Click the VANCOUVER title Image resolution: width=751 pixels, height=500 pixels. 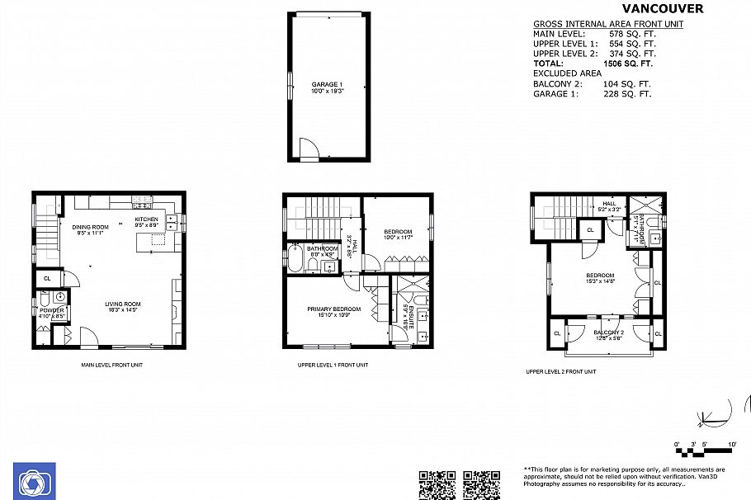click(657, 9)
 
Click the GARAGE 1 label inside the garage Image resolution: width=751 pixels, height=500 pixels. click(327, 85)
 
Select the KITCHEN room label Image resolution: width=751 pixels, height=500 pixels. click(147, 219)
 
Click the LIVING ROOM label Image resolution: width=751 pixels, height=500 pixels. click(123, 304)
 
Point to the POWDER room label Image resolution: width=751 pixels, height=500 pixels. click(51, 310)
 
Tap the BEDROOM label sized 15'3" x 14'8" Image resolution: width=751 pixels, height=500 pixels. click(600, 276)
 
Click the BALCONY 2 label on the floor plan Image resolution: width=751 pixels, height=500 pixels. click(608, 333)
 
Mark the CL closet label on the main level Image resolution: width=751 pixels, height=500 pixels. click(46, 279)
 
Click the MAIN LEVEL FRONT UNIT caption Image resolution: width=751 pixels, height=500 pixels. click(113, 365)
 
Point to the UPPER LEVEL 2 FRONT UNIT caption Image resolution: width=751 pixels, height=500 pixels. click(560, 371)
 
